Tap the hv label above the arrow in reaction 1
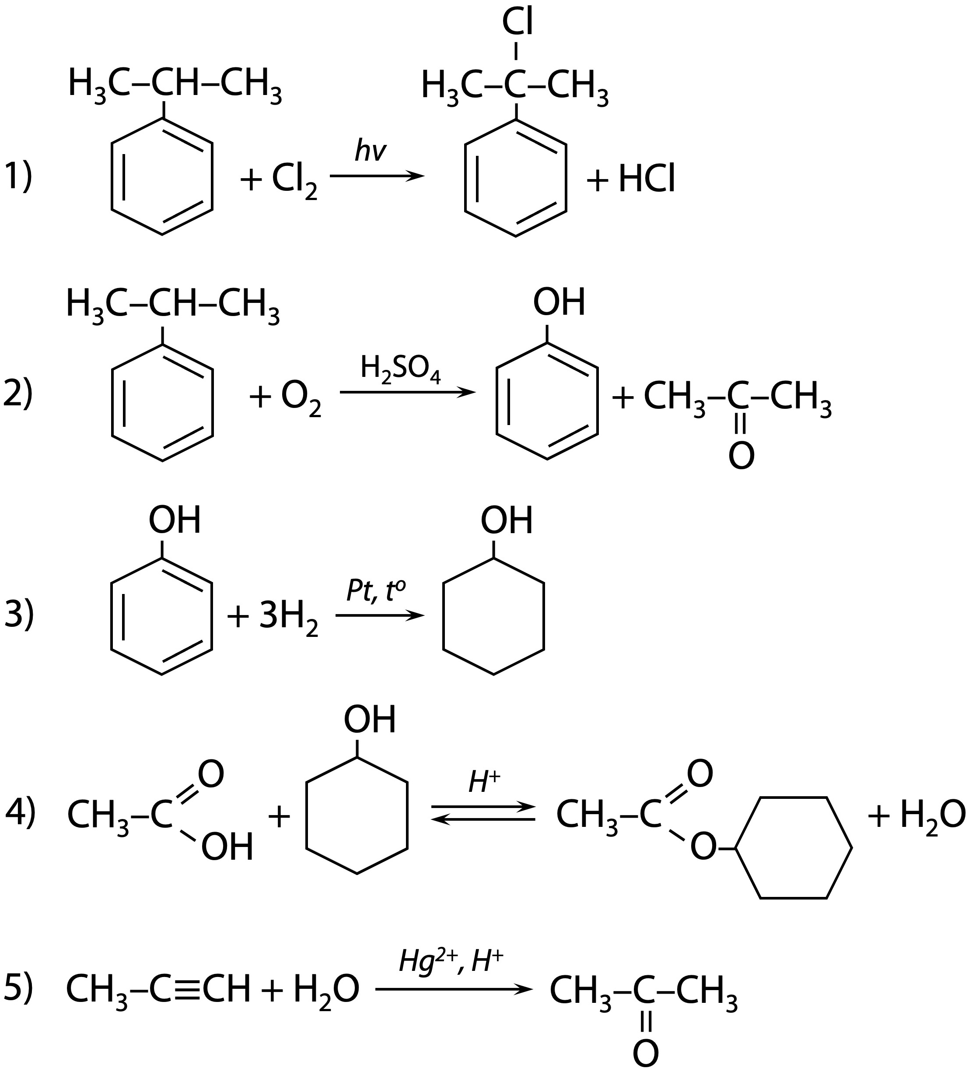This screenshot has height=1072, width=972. (370, 151)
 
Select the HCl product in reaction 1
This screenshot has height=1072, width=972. (646, 179)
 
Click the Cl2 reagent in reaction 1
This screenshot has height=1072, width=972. (294, 181)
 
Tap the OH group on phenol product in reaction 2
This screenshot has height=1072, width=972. (559, 302)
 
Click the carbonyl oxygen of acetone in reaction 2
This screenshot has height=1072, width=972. (741, 456)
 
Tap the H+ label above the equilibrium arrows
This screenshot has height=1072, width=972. (484, 782)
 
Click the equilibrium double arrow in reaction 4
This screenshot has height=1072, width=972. (483, 814)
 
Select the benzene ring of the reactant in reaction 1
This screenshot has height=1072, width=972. (162, 176)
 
